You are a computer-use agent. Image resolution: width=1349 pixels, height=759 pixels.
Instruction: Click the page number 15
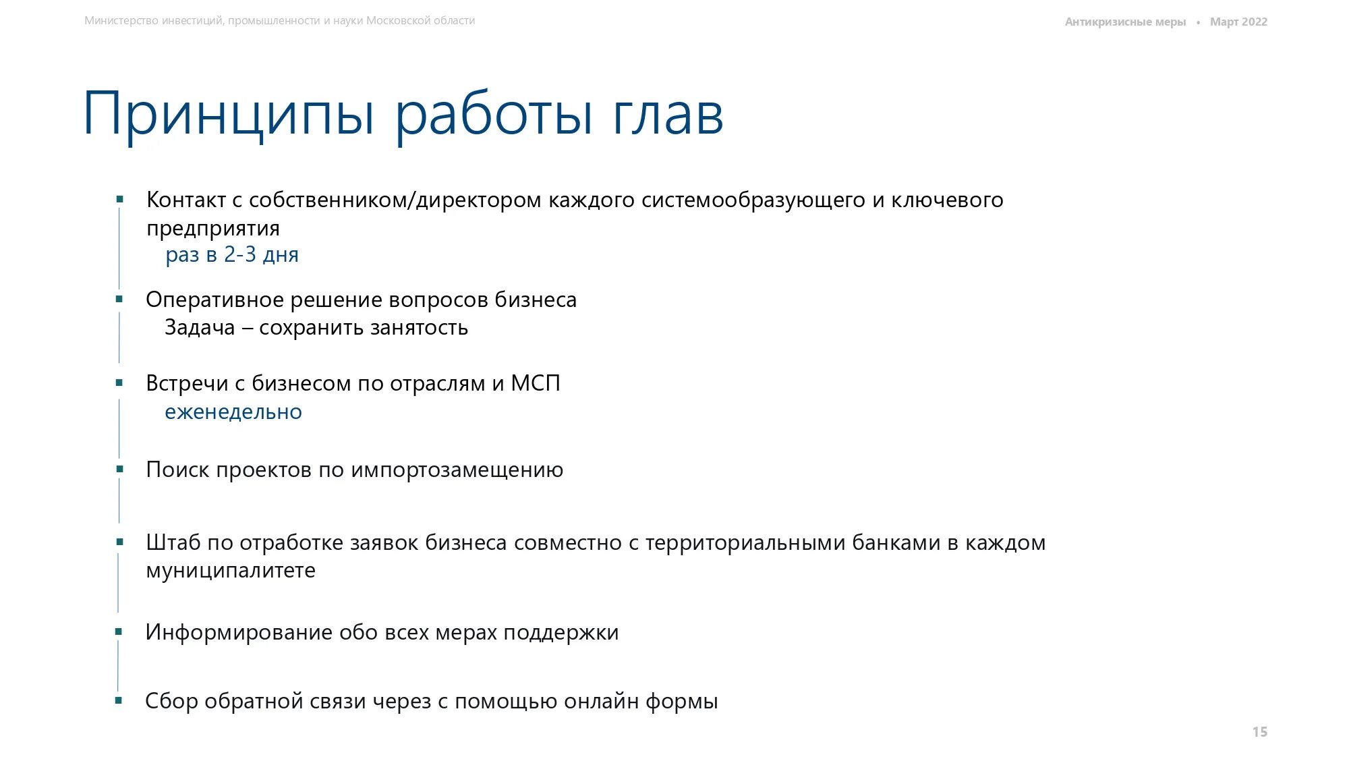(1259, 732)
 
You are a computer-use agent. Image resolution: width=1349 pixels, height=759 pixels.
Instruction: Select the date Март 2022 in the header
(1238, 22)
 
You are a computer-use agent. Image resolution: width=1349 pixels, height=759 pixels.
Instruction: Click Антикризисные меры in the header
(1125, 22)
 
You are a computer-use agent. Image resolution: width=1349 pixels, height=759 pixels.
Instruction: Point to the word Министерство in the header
(121, 21)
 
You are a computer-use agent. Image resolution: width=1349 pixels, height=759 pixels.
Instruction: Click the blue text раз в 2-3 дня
(232, 255)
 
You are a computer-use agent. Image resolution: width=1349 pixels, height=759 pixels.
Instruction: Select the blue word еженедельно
(233, 412)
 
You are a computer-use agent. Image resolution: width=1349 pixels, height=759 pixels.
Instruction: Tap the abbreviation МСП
(536, 383)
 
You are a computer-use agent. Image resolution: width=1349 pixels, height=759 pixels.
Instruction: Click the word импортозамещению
(457, 470)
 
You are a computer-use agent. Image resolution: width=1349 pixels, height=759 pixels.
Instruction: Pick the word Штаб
(173, 542)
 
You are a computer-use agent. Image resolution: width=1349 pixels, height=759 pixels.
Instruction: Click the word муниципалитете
(231, 571)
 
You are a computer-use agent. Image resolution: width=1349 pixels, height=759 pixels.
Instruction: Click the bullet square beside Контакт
(120, 199)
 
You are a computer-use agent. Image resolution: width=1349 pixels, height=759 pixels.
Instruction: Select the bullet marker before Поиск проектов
(120, 469)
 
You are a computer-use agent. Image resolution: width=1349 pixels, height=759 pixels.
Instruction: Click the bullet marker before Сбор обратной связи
(119, 700)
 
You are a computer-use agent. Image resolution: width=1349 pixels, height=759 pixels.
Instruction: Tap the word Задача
(200, 328)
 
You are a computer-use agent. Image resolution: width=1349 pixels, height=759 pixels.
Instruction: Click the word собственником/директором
(395, 200)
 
